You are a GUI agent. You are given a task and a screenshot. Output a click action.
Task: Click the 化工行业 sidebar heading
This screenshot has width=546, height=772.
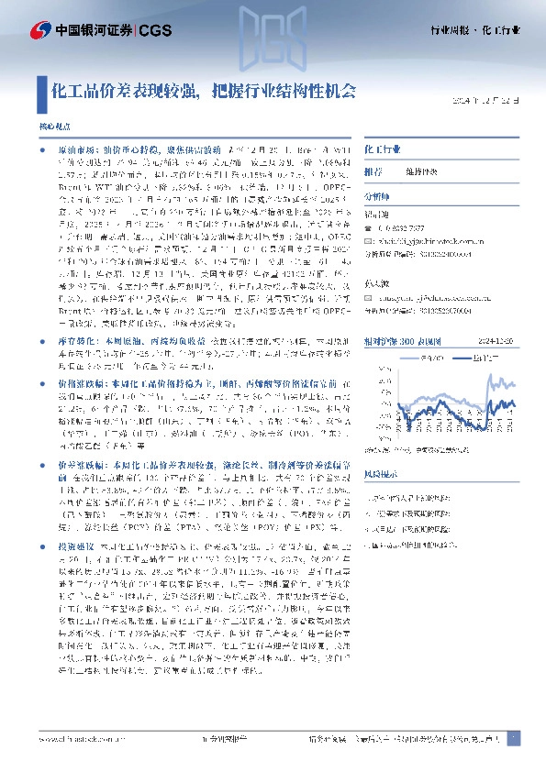382,147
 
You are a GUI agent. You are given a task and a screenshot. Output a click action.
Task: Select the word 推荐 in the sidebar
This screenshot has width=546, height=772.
373,171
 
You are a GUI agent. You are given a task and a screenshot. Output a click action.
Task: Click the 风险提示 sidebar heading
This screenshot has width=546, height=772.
381,477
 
